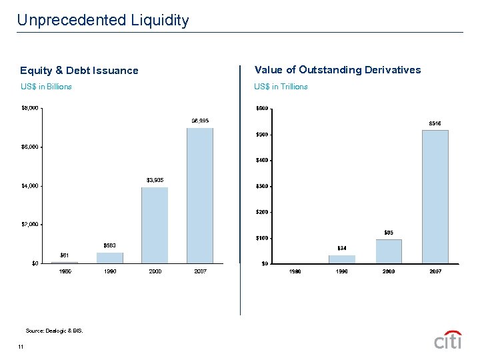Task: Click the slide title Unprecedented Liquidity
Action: (x=103, y=20)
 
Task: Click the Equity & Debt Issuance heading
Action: (x=79, y=71)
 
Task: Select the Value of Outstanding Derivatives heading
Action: (x=337, y=70)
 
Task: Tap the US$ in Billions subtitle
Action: (x=46, y=87)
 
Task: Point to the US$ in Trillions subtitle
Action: (x=281, y=87)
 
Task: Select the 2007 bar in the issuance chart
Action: (x=200, y=195)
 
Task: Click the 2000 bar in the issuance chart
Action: (x=155, y=225)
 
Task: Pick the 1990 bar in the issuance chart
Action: (x=110, y=257)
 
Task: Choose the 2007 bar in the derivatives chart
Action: (x=435, y=197)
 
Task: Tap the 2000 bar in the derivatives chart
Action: (x=389, y=251)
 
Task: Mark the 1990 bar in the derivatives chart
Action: (x=342, y=259)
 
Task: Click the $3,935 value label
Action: (x=155, y=181)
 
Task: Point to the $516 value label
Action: (x=435, y=123)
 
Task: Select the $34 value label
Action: (x=341, y=249)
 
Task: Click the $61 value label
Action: (x=65, y=255)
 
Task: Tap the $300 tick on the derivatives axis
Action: (x=262, y=186)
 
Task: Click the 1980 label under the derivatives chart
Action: (x=295, y=272)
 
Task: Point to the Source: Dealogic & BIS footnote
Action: (x=54, y=331)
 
